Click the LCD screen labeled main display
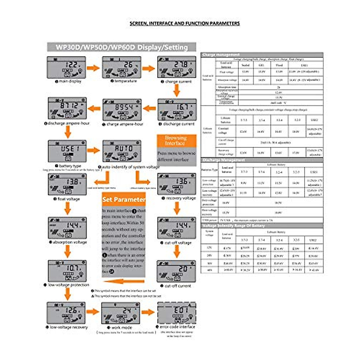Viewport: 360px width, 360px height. tap(66, 67)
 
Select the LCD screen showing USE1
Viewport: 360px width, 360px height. tap(67, 151)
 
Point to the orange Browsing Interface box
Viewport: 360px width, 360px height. tap(176, 141)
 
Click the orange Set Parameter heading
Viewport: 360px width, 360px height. tap(124, 199)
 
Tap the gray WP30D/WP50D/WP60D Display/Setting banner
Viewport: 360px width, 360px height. tap(121, 47)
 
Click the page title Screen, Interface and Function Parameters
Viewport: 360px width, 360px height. tap(184, 23)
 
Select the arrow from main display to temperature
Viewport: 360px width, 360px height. tap(93, 68)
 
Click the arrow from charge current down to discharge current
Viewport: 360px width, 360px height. tap(177, 90)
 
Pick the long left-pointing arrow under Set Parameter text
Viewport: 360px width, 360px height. tap(124, 281)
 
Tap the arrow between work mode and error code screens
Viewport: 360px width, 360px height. tap(148, 312)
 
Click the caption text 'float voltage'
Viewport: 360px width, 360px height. tap(68, 199)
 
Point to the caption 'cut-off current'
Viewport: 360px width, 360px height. tap(178, 286)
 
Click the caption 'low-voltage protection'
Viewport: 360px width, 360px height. tap(68, 285)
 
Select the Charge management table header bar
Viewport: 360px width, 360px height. tap(262, 55)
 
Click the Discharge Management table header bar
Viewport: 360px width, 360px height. tap(262, 160)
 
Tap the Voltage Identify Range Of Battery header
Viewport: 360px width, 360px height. tap(262, 226)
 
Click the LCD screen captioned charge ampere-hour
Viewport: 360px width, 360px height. tap(122, 110)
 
